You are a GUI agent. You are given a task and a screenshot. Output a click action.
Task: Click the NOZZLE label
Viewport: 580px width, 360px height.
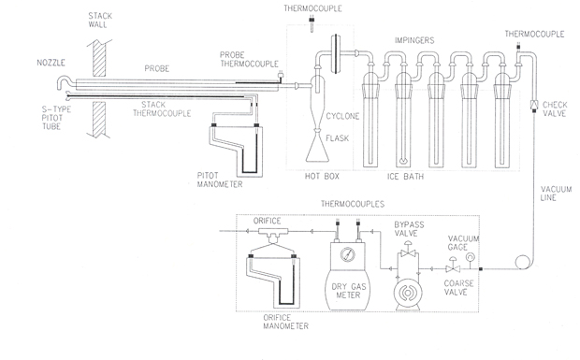pos(51,63)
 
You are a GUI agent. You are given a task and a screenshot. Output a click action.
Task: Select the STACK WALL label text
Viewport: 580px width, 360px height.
pos(99,21)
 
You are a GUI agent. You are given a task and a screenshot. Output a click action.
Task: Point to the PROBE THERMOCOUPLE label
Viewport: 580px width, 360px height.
pos(250,60)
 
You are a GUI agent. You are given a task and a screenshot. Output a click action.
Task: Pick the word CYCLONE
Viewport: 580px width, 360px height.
pos(342,117)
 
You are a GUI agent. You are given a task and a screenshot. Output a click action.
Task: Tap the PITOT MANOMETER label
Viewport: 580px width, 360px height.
pos(220,180)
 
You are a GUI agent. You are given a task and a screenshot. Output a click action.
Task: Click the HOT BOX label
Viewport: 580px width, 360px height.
pos(322,177)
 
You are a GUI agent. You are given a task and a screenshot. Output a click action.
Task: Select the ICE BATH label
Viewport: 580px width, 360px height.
pos(405,177)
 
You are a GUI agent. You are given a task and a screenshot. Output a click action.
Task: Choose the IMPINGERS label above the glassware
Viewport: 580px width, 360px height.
pos(414,40)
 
